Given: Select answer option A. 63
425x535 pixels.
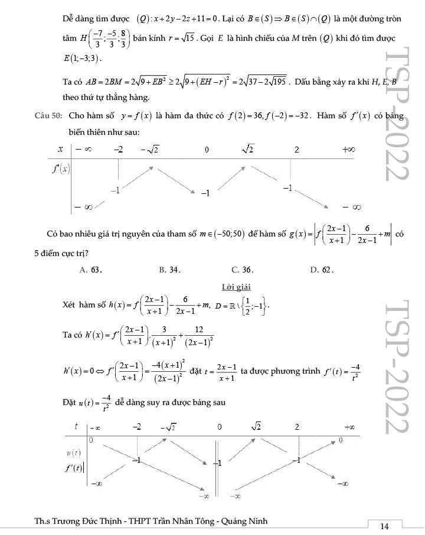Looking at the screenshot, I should tap(91, 270).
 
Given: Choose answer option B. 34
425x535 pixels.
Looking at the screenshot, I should tap(170, 270).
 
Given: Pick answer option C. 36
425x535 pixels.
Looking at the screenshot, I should tap(242, 270).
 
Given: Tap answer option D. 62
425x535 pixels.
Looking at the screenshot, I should tap(322, 270).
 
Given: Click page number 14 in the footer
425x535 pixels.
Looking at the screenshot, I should tap(384, 526).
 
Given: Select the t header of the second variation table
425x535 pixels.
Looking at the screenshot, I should tap(77, 426).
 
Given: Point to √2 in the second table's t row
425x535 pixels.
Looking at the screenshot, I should tap(256, 426).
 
